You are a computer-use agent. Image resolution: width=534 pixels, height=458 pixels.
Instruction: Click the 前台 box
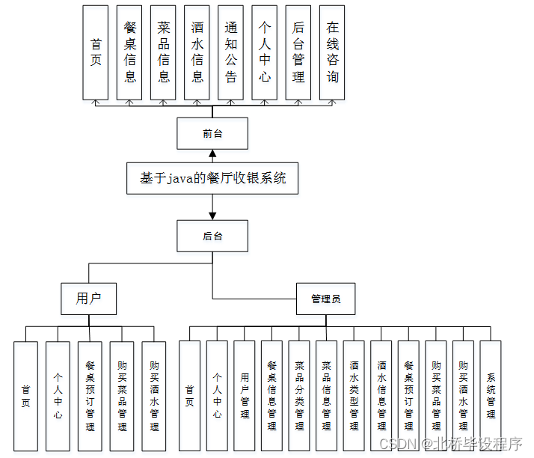[212, 134]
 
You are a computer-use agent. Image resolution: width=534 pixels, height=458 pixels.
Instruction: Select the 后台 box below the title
[212, 236]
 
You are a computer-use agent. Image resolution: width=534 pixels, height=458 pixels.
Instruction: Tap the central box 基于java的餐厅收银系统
[212, 179]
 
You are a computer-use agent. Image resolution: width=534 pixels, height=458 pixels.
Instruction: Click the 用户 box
[88, 299]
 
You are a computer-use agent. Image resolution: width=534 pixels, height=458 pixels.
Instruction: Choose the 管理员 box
[325, 299]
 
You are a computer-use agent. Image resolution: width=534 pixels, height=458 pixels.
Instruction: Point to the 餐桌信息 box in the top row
[130, 52]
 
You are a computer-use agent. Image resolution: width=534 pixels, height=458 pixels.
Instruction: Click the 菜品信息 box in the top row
[164, 52]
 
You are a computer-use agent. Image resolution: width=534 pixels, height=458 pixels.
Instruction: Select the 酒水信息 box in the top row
[197, 52]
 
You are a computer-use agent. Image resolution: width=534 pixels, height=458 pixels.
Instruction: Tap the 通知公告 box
[231, 52]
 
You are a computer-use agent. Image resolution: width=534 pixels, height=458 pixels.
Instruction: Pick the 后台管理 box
[298, 52]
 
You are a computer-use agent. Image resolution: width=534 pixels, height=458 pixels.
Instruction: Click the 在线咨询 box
[332, 52]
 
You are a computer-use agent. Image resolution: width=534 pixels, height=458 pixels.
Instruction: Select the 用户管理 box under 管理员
[245, 396]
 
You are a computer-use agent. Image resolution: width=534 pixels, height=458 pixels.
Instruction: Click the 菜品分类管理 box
[299, 396]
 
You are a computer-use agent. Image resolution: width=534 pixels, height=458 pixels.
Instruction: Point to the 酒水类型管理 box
[354, 396]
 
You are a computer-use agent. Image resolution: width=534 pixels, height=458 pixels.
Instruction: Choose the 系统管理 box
[491, 396]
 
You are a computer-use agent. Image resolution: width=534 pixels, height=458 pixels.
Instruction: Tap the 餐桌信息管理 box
[271, 396]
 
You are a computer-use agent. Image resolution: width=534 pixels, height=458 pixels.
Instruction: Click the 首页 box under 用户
[25, 396]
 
